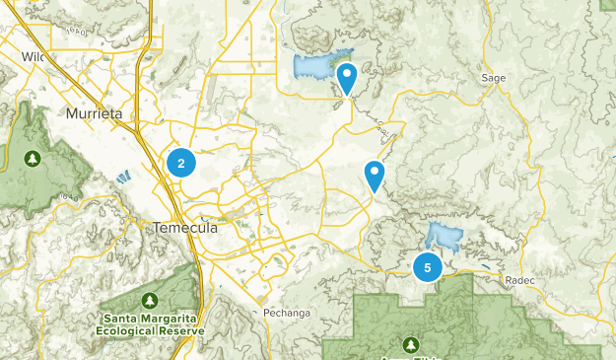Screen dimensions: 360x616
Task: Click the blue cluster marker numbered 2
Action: (x=181, y=163)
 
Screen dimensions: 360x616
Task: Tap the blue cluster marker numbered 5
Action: (x=428, y=266)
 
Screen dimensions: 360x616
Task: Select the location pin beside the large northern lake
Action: (x=347, y=77)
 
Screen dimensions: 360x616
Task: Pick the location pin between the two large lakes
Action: (x=375, y=176)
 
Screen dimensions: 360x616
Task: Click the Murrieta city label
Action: (x=95, y=114)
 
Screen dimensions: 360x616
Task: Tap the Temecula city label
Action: (x=184, y=227)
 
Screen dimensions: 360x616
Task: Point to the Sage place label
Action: (x=494, y=77)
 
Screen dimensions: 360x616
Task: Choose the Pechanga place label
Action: (x=287, y=314)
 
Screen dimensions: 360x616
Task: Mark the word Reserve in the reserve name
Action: (x=184, y=331)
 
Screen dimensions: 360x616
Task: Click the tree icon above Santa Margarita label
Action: (x=150, y=300)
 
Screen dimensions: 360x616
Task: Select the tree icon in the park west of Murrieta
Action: (x=34, y=157)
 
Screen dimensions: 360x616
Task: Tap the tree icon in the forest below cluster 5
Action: (x=411, y=343)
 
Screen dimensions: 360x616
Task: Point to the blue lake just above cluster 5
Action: (x=444, y=237)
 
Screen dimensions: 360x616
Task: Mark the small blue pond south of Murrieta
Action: (x=123, y=179)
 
